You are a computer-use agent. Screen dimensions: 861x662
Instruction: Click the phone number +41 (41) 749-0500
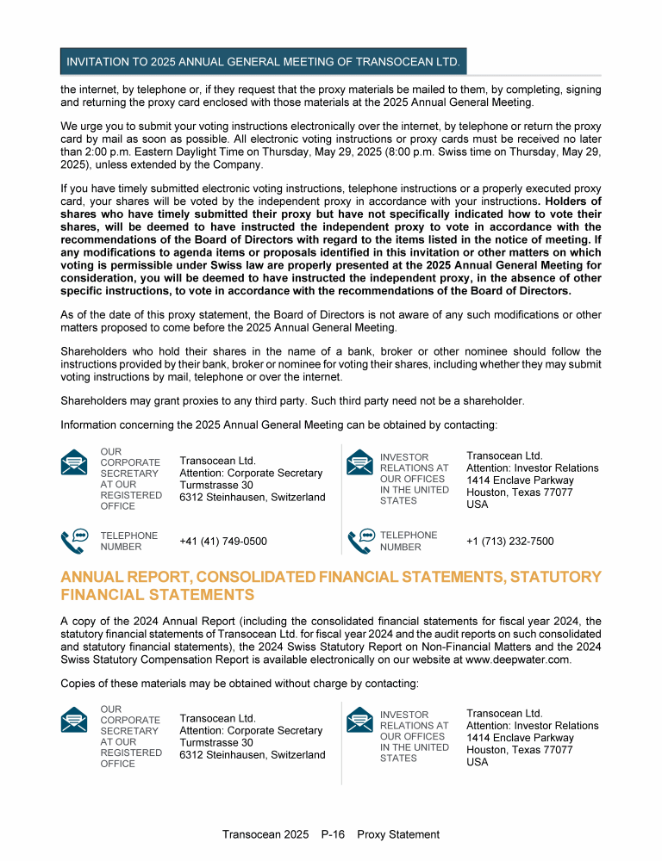222,542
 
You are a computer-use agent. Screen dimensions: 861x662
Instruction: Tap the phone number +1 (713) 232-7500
509,542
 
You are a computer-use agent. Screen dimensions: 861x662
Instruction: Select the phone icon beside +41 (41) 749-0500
74,541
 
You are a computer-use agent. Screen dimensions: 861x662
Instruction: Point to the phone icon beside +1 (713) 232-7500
361,541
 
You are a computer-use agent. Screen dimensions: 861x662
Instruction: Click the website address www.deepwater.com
517,660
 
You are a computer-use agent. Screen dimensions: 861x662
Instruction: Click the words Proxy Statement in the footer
398,834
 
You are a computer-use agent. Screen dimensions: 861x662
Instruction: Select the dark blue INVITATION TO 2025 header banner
263,62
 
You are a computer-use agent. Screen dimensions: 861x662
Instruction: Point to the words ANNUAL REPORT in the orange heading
122,576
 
